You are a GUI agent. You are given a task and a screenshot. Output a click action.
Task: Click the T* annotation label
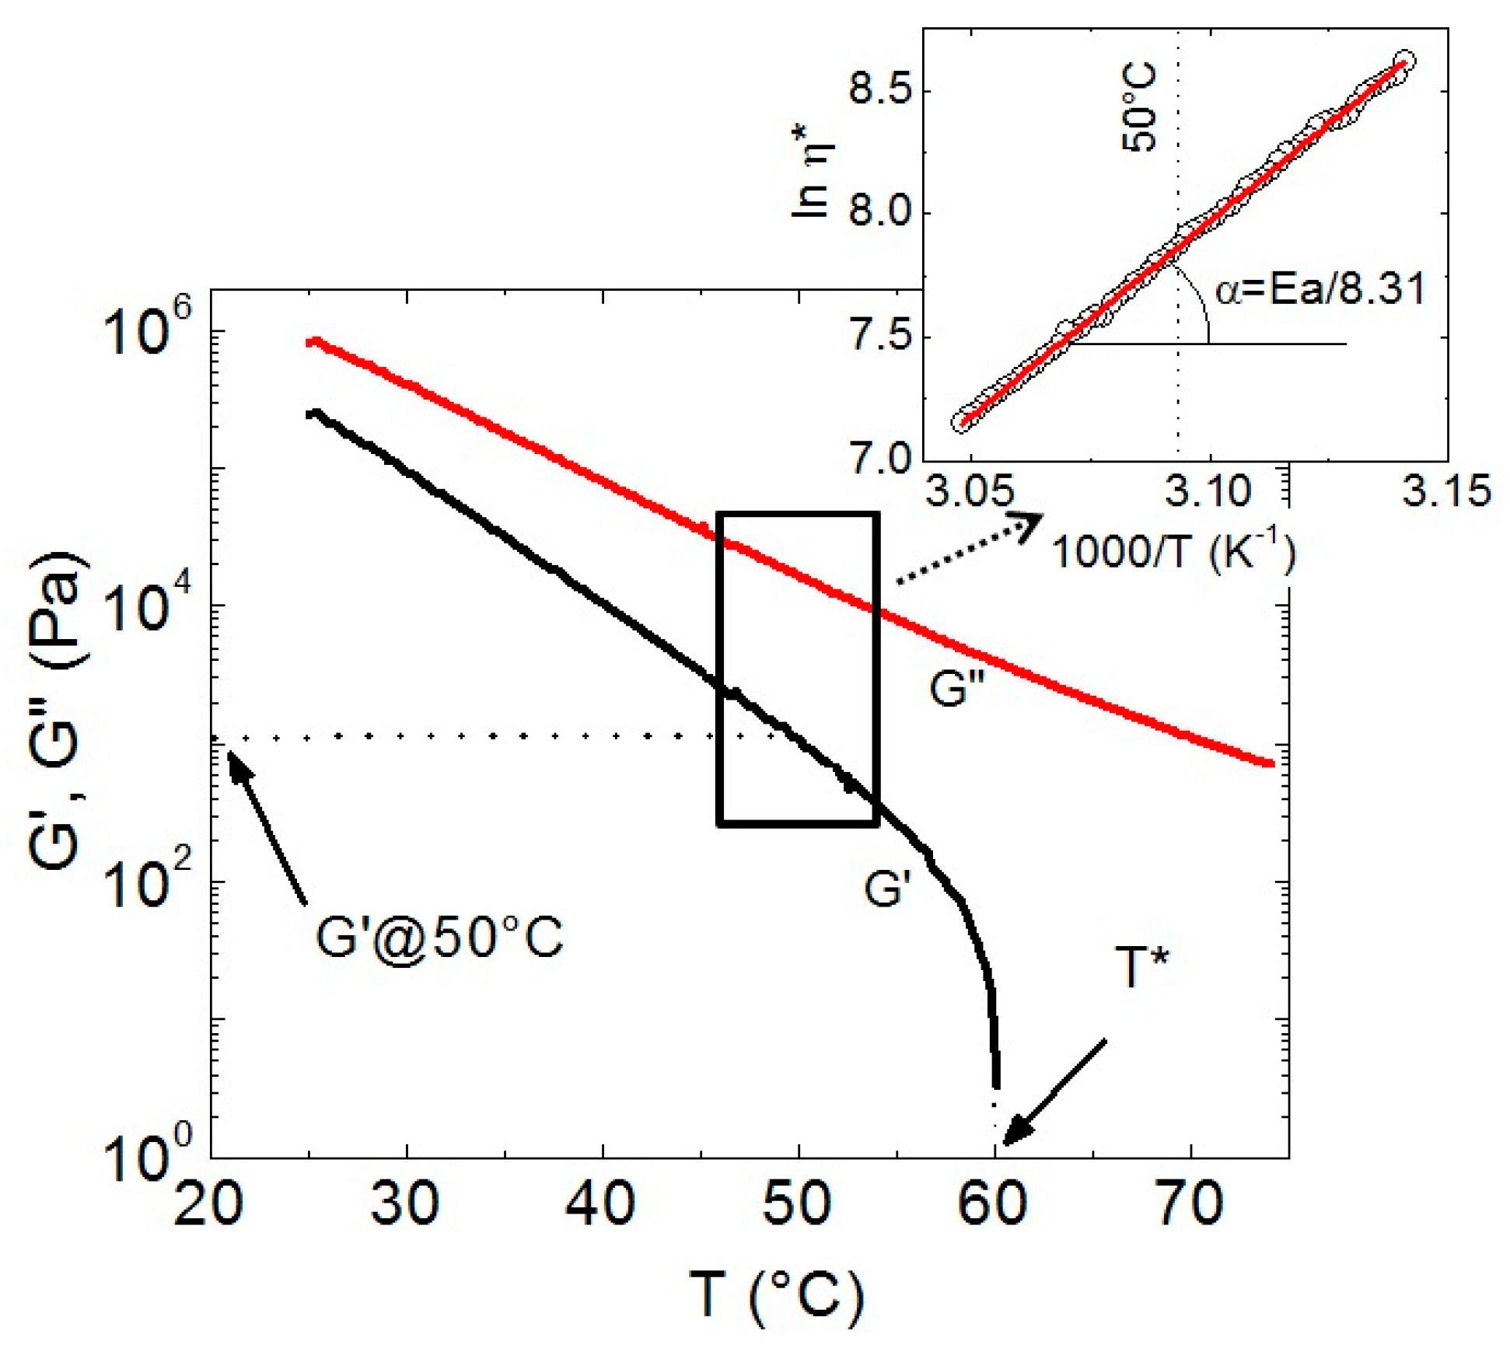pyautogui.click(x=1142, y=968)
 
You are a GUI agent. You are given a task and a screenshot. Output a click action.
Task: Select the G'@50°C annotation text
pyautogui.click(x=439, y=938)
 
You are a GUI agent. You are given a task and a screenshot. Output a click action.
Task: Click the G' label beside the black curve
pyautogui.click(x=887, y=888)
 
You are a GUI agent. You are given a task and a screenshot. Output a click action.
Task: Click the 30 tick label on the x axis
pyautogui.click(x=405, y=1204)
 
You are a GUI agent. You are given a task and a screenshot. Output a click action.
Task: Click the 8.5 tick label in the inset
pyautogui.click(x=879, y=90)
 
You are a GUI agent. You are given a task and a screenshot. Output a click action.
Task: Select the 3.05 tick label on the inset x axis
pyautogui.click(x=968, y=491)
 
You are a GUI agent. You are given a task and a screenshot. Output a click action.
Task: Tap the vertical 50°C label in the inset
pyautogui.click(x=1140, y=109)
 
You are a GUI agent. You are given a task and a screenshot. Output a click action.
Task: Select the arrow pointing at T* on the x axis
pyautogui.click(x=1054, y=1093)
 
